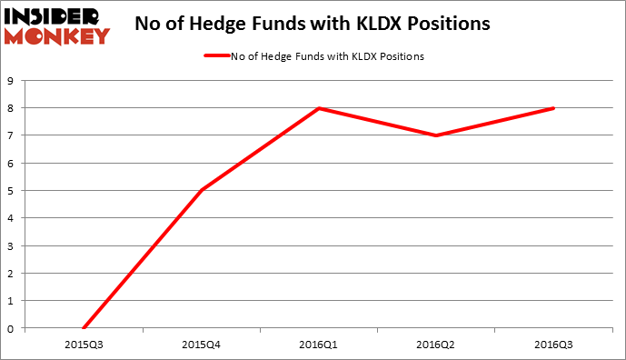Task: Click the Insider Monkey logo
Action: pos(57,25)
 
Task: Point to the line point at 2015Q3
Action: pos(84,328)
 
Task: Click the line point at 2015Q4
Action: pos(201,191)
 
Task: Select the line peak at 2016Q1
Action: pos(319,108)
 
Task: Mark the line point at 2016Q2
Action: pos(436,135)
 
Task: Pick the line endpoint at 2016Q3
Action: pos(554,108)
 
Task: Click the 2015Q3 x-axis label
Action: pos(84,345)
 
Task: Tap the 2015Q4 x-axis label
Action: pos(201,345)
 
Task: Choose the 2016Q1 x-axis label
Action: pos(319,345)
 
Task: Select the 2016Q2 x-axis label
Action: pos(436,345)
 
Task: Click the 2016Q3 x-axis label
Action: pos(554,345)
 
